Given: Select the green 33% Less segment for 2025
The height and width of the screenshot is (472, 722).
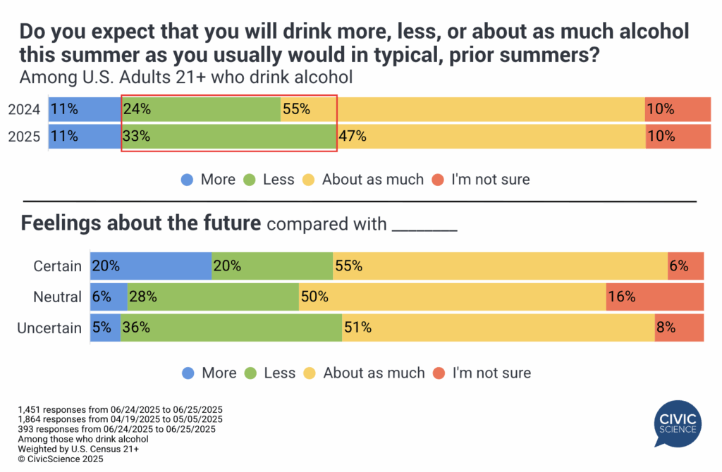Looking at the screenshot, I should tap(228, 136).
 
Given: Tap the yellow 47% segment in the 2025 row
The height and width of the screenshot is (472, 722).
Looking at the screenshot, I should tap(491, 136).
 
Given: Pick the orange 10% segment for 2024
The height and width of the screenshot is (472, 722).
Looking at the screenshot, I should tap(678, 109).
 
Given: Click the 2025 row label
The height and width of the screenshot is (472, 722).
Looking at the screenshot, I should tap(23, 136).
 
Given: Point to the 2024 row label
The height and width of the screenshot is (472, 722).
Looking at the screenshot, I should tap(23, 109).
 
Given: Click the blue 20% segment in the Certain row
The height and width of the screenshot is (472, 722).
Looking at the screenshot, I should tap(151, 266).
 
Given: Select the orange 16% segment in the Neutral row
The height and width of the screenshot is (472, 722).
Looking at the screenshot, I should tap(655, 297).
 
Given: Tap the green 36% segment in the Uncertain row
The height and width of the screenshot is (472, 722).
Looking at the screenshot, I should tap(231, 328).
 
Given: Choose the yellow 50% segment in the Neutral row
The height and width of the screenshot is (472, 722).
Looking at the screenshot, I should tap(452, 297).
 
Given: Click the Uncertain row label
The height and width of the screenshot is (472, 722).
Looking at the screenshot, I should tap(49, 328).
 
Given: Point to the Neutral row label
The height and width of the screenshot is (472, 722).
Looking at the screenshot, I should tap(57, 297).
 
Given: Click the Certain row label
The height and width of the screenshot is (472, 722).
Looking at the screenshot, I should tap(57, 266).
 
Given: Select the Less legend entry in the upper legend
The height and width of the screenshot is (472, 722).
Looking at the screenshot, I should tap(269, 180).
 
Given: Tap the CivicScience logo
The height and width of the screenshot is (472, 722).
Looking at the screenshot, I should tap(676, 423).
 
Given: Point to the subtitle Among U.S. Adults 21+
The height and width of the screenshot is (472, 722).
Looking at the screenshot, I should tap(186, 76).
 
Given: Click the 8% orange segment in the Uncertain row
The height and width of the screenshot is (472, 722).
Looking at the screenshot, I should tap(679, 328).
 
